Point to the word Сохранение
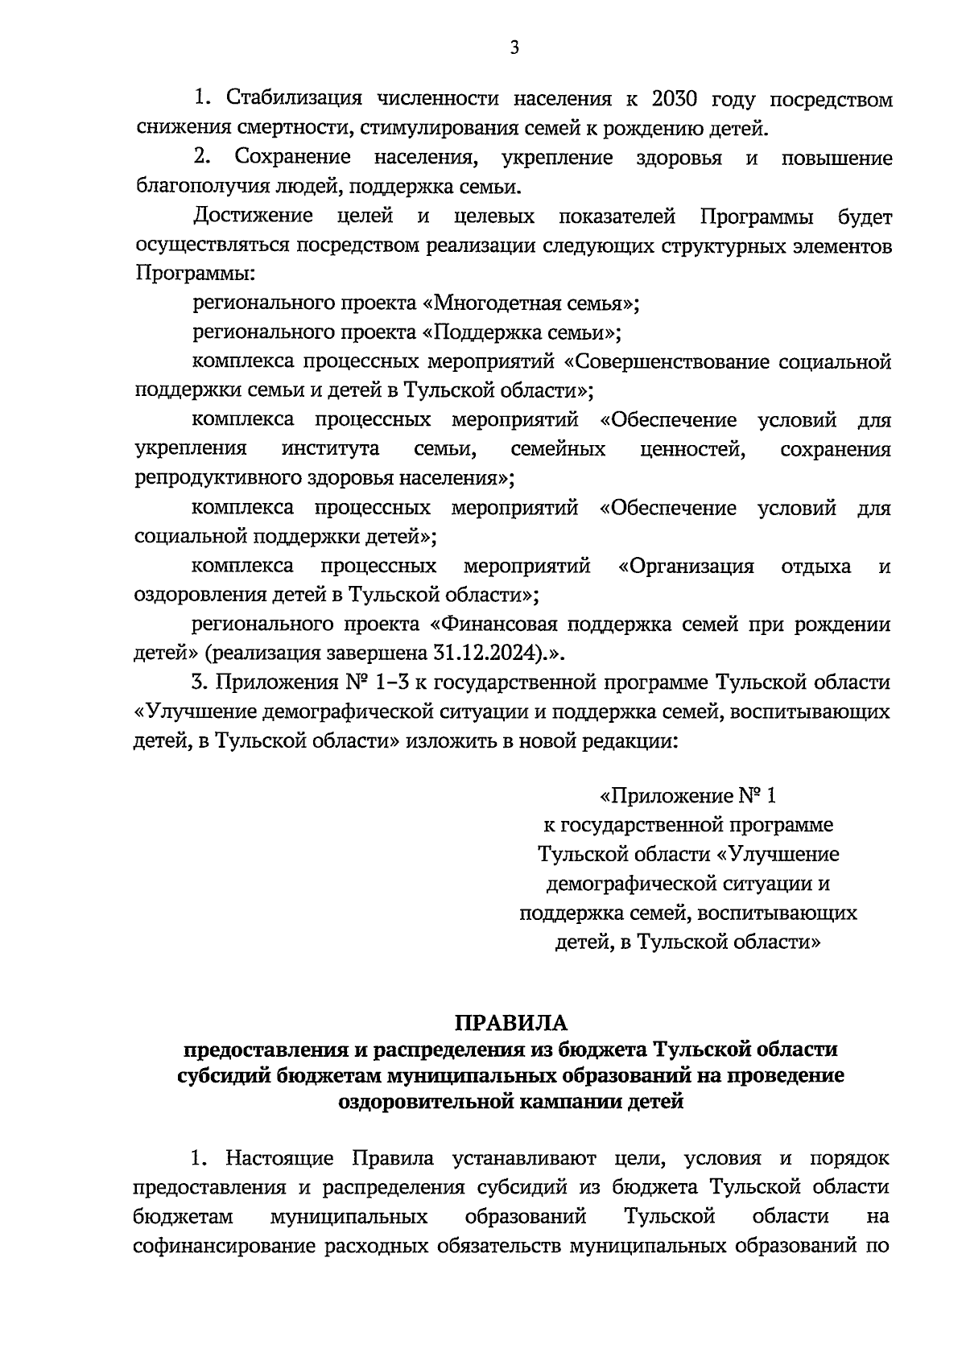coord(293,158)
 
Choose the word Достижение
coord(253,217)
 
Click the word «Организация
coord(686,567)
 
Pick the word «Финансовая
coord(486,625)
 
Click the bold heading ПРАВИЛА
coord(511,1023)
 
